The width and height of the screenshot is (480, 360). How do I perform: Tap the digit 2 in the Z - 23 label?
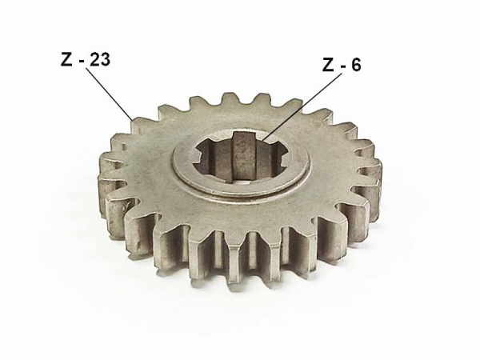pyautogui.click(x=94, y=60)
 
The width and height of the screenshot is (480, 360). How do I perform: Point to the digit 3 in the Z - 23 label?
pyautogui.click(x=105, y=60)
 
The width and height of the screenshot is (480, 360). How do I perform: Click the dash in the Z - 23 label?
pyautogui.click(x=81, y=62)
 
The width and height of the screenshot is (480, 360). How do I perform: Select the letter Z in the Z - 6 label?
pyautogui.click(x=328, y=65)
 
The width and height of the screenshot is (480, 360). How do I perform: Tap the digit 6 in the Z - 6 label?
pyautogui.click(x=356, y=65)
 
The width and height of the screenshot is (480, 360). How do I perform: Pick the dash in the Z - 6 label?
pyautogui.click(x=342, y=66)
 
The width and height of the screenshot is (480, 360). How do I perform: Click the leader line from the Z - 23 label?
pyautogui.click(x=110, y=94)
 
